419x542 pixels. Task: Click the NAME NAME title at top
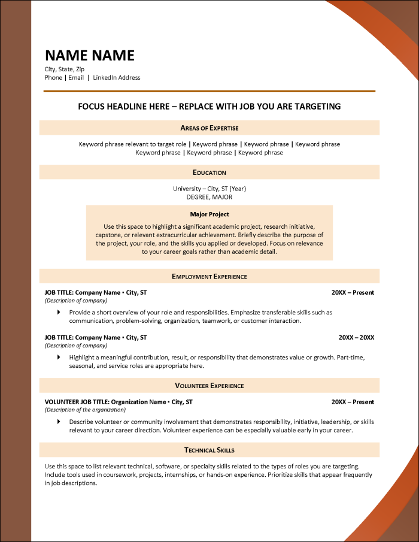coord(90,56)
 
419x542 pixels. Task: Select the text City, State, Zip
coord(65,69)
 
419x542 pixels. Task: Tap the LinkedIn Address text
coord(117,78)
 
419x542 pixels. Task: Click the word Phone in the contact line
coord(53,78)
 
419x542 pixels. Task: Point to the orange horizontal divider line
coord(209,91)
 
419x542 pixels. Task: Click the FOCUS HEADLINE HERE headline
coord(209,107)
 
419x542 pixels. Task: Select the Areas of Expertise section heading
coord(209,128)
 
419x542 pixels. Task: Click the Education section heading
coord(209,172)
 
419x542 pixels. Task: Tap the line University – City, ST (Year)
coord(209,189)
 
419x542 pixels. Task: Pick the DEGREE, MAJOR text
coord(209,197)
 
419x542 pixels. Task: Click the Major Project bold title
coord(209,214)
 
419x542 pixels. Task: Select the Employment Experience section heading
coord(209,276)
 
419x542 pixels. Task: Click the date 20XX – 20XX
coord(356,337)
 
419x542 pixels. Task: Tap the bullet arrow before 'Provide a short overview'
coord(59,312)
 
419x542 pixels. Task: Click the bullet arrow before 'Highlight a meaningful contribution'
coord(59,357)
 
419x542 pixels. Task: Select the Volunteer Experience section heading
coord(209,386)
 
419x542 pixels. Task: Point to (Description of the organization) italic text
coord(85,410)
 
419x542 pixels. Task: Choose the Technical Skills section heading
coord(209,450)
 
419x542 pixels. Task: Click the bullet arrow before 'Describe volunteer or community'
coord(59,422)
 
